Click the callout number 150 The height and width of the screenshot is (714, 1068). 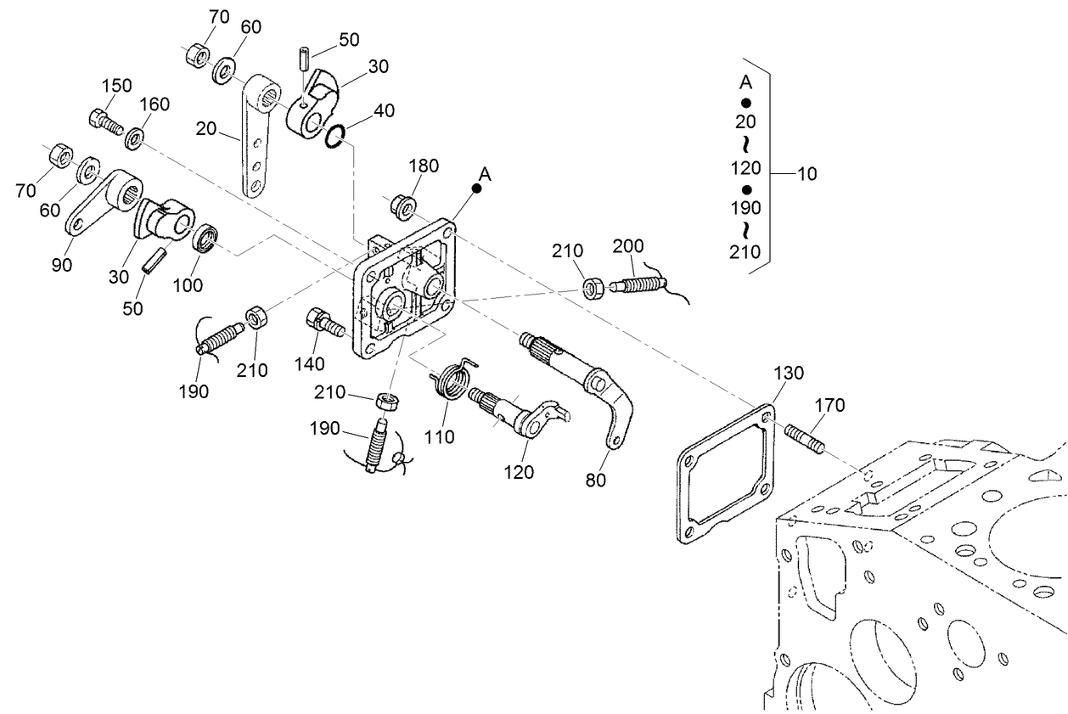pyautogui.click(x=117, y=86)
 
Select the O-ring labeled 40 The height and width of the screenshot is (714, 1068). pyautogui.click(x=335, y=135)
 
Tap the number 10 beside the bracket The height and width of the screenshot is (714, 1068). pyautogui.click(x=807, y=174)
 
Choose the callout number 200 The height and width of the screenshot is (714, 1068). pyautogui.click(x=629, y=245)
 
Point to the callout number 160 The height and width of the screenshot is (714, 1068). pyautogui.click(x=155, y=104)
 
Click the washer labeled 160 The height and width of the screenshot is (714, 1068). pyautogui.click(x=133, y=138)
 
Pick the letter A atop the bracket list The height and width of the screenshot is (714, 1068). pyautogui.click(x=745, y=82)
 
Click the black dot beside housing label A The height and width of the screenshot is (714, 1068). pyautogui.click(x=477, y=189)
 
